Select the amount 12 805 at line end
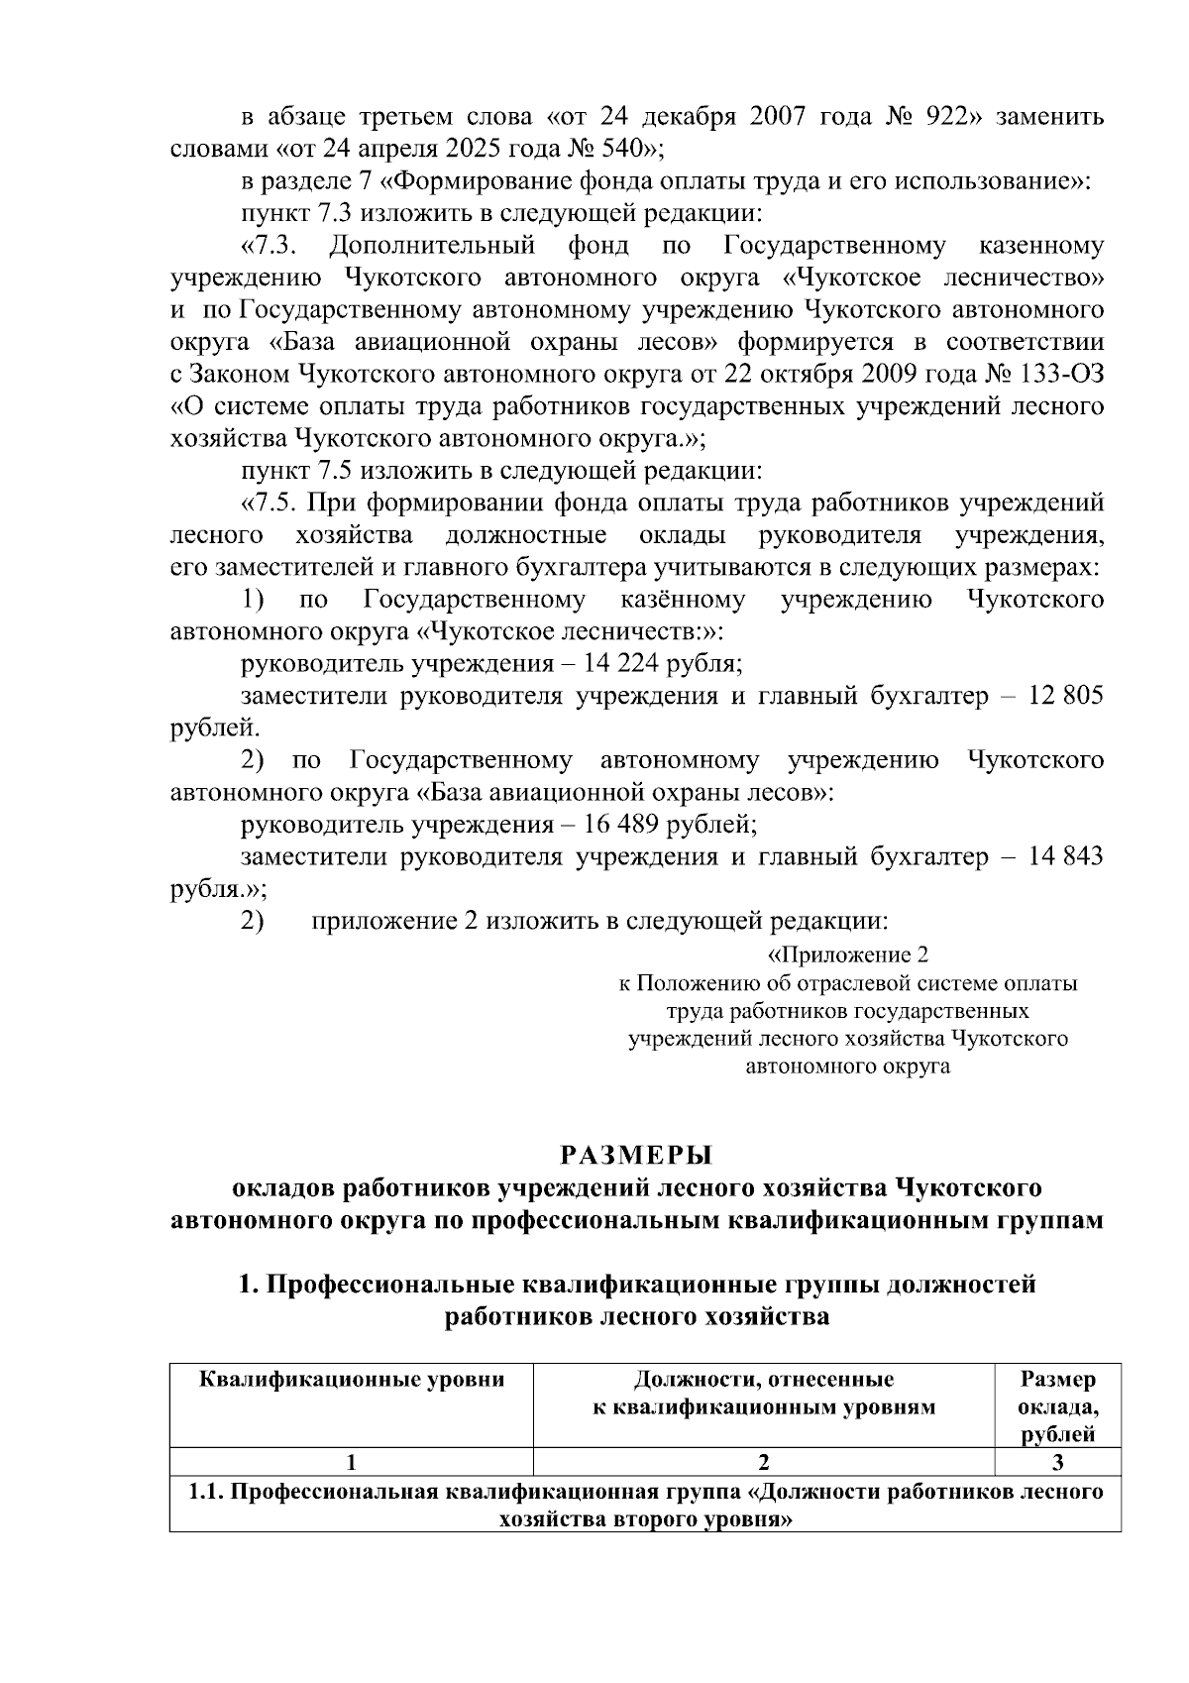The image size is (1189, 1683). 1066,696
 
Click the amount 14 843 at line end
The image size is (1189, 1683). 1066,856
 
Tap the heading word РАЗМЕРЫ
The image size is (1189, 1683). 637,1156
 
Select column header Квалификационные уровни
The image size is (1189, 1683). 352,1380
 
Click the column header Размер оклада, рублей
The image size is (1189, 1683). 1057,1406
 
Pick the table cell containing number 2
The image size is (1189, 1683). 763,1462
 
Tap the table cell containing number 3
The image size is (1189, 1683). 1057,1462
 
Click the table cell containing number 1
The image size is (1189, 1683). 352,1462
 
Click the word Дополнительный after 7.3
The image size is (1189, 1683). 434,245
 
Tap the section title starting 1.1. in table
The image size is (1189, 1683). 646,1507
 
